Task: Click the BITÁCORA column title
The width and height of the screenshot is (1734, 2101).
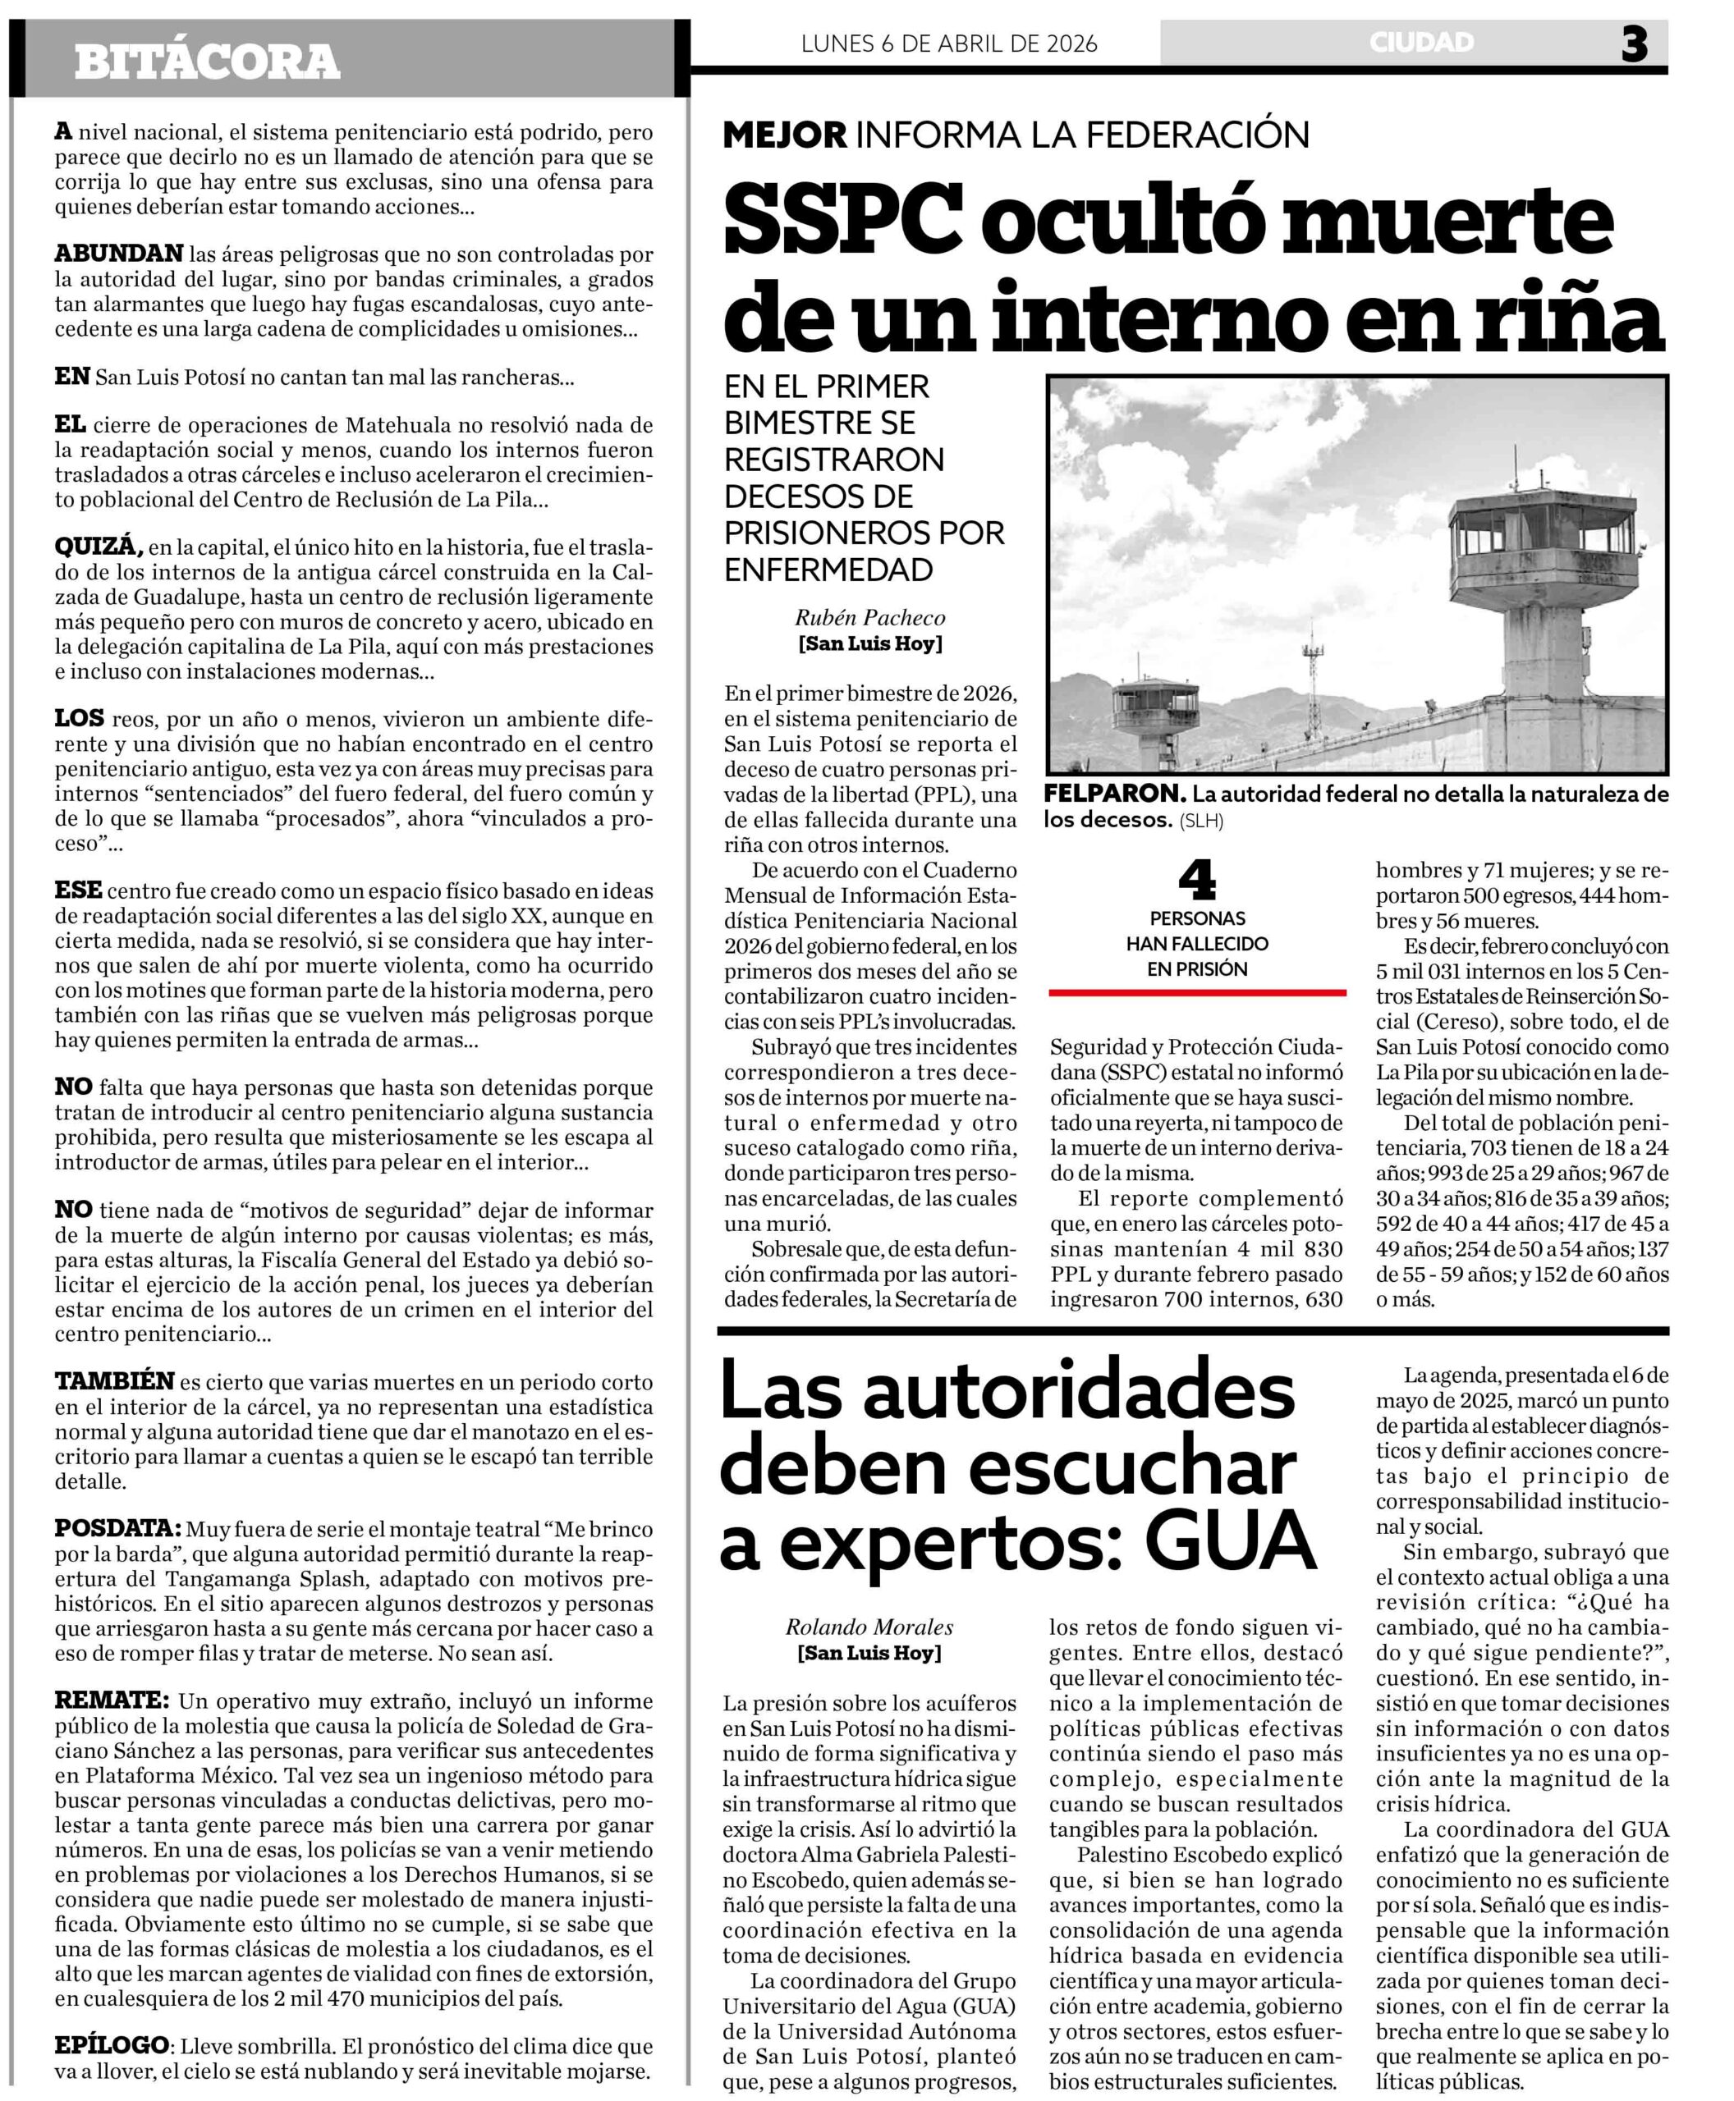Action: (x=207, y=62)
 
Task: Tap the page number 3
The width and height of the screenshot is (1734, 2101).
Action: (x=1634, y=44)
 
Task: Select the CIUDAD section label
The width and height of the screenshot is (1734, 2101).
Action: (x=1421, y=43)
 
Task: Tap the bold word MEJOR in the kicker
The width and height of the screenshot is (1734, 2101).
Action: (x=785, y=135)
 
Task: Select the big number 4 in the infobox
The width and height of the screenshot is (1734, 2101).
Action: (x=1196, y=880)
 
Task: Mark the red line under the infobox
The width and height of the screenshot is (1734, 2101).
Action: (x=1196, y=992)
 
